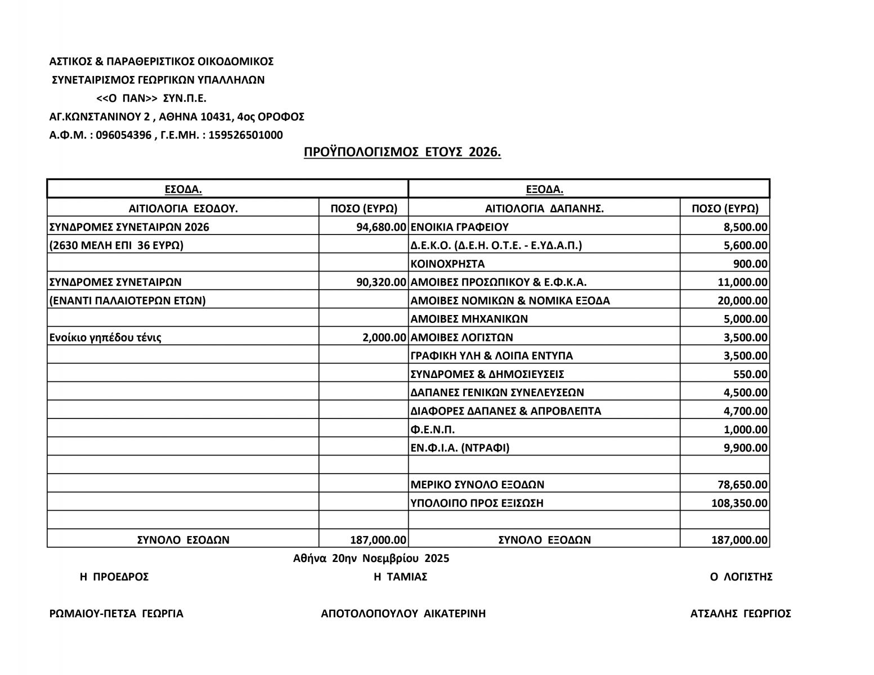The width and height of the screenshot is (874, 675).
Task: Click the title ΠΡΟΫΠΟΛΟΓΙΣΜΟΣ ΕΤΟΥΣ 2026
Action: tap(402, 152)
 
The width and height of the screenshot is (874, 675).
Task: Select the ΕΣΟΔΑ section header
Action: tap(183, 189)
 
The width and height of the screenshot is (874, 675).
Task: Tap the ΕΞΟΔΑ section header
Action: tap(544, 189)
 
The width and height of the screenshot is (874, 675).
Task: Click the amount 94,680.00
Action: tap(381, 227)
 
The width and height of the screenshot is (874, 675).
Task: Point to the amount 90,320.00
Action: tap(381, 282)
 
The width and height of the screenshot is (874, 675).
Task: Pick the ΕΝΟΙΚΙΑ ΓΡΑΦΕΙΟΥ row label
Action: tap(459, 227)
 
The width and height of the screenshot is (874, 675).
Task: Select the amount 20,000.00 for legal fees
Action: tap(742, 301)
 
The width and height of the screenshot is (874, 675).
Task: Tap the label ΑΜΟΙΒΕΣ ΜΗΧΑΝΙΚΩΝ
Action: tap(469, 319)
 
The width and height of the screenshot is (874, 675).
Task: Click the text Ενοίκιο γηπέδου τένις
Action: tap(105, 337)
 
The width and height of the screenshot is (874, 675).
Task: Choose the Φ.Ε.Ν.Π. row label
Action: tap(432, 430)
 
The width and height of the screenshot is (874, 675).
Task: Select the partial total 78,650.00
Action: tap(742, 485)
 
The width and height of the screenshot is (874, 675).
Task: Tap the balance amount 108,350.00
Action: tap(739, 503)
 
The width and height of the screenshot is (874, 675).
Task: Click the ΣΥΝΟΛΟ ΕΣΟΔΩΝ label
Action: tap(183, 540)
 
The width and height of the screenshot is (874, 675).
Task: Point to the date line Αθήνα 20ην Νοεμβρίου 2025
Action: tap(371, 559)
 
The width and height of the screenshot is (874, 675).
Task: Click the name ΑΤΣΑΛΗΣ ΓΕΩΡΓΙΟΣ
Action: tap(741, 614)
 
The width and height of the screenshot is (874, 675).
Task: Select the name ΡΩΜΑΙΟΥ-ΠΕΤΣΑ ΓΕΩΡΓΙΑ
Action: tap(116, 614)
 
